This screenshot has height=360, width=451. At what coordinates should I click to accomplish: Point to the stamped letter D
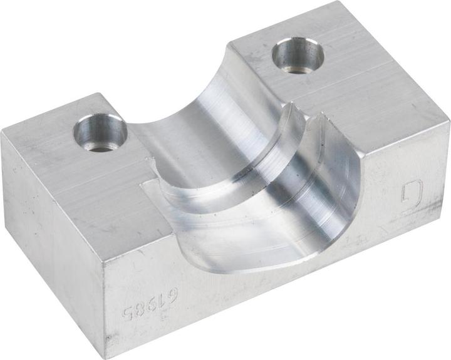click(412, 195)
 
